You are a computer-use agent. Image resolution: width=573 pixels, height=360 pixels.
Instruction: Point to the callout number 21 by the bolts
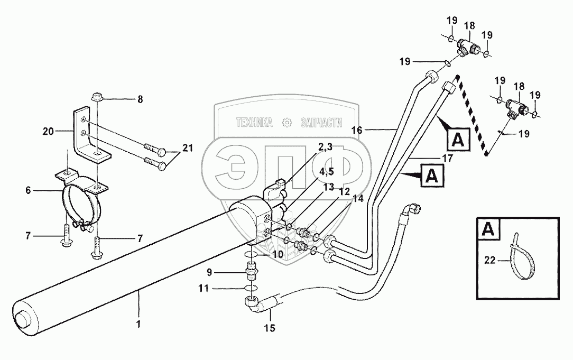pyautogui.click(x=187, y=150)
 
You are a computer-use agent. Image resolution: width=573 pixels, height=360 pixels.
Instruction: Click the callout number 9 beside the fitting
pyautogui.click(x=209, y=273)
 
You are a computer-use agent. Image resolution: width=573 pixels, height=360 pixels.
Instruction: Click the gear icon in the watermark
pyautogui.click(x=287, y=123)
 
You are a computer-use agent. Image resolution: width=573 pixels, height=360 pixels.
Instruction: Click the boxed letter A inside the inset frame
pyautogui.click(x=488, y=229)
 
